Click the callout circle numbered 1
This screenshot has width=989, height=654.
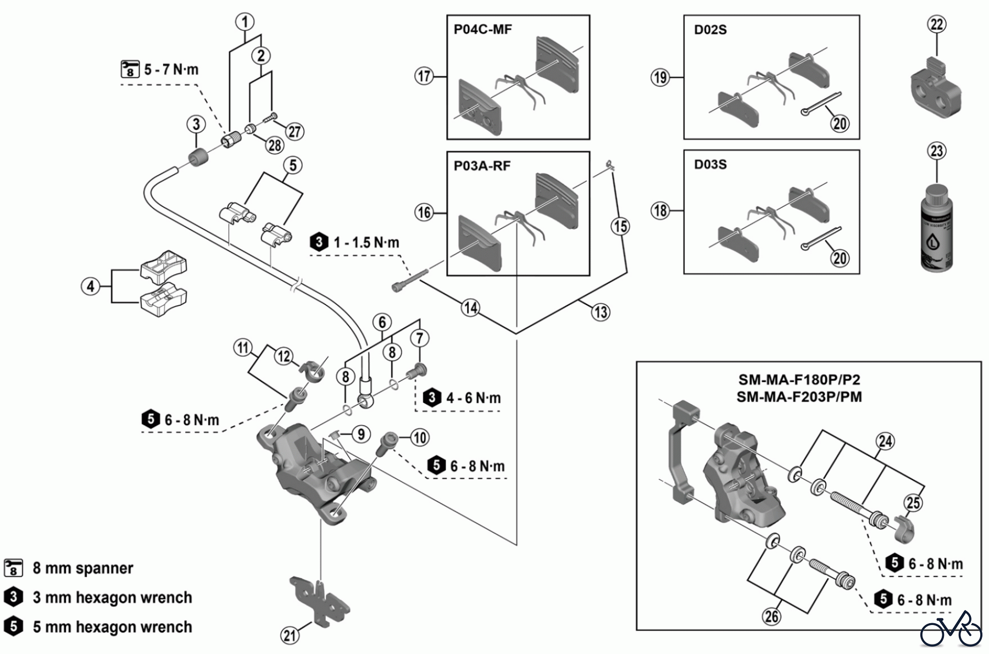(245, 22)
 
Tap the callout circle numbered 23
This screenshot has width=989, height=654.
(937, 151)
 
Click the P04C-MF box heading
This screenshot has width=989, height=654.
(482, 30)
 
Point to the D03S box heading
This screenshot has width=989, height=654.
(710, 164)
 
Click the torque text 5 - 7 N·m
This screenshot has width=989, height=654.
(171, 70)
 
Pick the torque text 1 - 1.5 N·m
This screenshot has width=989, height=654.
(366, 242)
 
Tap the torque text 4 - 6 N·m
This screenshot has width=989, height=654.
(473, 398)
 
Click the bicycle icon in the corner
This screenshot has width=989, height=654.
(951, 629)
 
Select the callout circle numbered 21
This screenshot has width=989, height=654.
(290, 635)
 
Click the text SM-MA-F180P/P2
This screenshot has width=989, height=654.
(799, 380)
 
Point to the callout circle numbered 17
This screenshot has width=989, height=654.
(424, 76)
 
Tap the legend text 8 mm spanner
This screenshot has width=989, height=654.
(82, 568)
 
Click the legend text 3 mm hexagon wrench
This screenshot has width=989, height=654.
(112, 597)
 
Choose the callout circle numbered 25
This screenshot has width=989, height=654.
(913, 502)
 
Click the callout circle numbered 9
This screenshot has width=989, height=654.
(360, 435)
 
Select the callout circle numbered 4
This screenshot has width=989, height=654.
(91, 286)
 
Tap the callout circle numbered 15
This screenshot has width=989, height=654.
(620, 226)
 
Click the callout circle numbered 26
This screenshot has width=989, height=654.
(771, 617)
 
